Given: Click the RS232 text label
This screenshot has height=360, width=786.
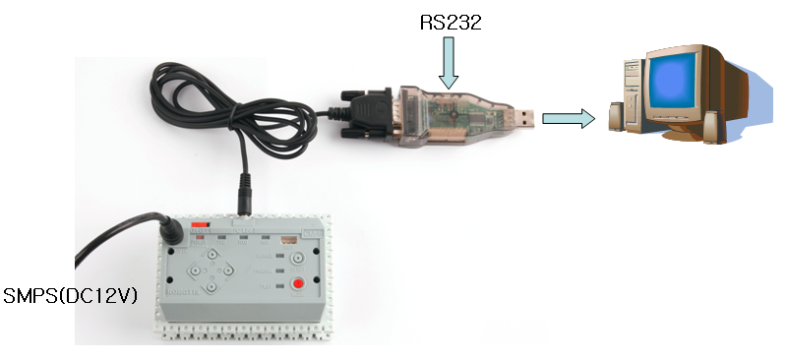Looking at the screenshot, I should pos(449,22).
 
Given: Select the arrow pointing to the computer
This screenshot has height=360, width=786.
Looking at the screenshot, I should pos(569,119).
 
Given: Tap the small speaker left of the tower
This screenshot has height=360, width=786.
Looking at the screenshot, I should pos(615,116).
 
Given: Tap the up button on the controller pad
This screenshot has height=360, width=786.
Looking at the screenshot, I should pos(210,253).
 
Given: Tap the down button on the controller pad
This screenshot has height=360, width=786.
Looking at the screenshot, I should pos(210,279).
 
